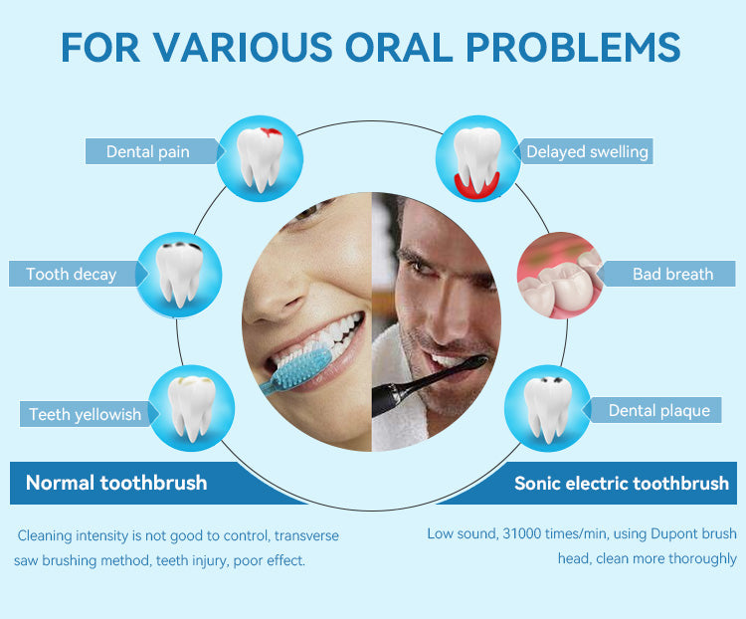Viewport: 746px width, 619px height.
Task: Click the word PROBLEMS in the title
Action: pos(573,47)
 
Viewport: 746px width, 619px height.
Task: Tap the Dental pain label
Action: pos(148,152)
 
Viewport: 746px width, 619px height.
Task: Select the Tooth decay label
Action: pos(72,275)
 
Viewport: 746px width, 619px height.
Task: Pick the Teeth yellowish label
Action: pos(86,414)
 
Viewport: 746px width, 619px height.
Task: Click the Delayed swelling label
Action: pos(587,152)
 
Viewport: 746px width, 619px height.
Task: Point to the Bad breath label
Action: pos(672,275)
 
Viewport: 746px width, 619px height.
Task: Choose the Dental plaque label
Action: pos(658,410)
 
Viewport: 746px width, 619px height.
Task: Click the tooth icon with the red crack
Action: pos(260,158)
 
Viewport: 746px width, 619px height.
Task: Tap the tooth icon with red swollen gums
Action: pos(477,158)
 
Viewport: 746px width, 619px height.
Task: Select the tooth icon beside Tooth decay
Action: pos(179,275)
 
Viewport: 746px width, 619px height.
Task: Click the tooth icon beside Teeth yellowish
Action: pos(192,408)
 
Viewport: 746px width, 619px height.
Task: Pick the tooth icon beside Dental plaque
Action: pos(548,408)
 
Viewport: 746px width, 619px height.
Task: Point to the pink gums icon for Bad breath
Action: pos(560,275)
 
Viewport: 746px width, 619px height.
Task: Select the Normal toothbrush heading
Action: pos(116,483)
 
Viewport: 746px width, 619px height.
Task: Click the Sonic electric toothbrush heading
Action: pos(622,484)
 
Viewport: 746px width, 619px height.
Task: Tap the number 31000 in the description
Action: pos(522,533)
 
